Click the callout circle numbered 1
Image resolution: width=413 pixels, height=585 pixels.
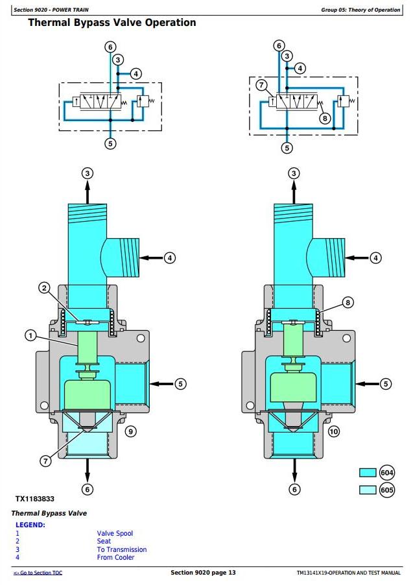coord(30,335)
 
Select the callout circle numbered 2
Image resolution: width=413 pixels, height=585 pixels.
coord(44,288)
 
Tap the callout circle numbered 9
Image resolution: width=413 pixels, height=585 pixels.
coord(130,432)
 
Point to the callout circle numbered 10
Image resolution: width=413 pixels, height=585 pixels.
coord(333,432)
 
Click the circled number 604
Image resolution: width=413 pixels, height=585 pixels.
coord(386,473)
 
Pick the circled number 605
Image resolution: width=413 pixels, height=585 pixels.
coord(386,490)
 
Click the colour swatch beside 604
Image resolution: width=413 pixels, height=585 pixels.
coord(368,472)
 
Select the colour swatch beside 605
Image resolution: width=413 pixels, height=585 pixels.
coord(368,490)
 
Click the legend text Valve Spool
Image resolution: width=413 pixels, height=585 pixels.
coord(115,534)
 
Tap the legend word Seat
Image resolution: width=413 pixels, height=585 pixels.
coord(104,541)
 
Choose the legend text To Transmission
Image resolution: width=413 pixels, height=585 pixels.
coord(122,549)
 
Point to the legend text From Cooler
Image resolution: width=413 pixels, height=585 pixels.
coord(115,557)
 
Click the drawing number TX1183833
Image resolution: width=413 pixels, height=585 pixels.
coord(35,499)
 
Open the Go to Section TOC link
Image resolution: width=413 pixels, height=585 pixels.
coord(38,573)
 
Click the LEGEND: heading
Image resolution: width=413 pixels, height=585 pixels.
coord(30,525)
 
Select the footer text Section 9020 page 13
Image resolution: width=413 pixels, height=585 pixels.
coord(203,572)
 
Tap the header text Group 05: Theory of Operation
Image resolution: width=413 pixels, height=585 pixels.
coord(360,10)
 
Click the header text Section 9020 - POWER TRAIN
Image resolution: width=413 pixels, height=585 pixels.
coord(51,10)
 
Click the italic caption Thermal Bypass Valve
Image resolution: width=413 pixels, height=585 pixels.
coord(49,514)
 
